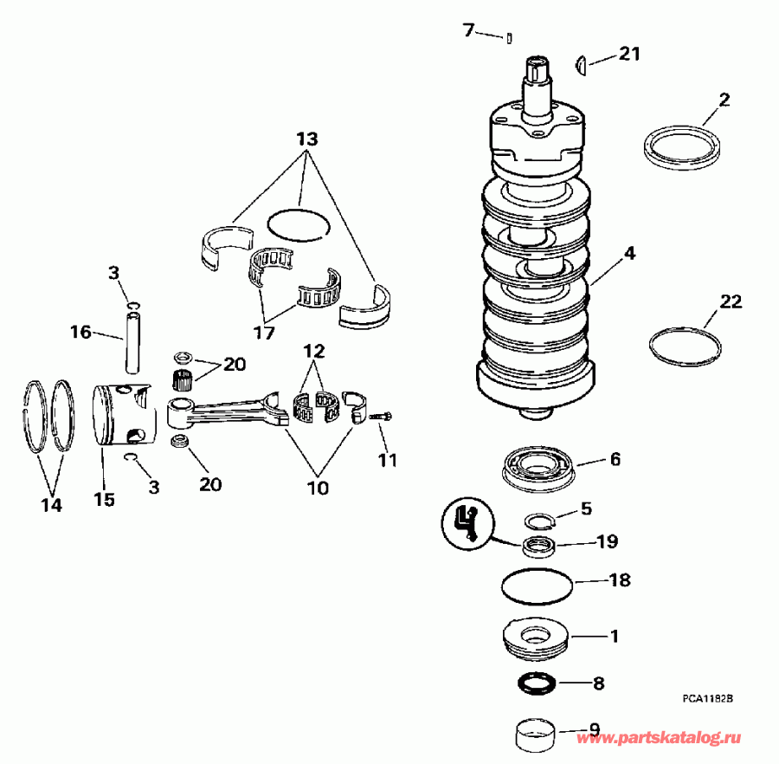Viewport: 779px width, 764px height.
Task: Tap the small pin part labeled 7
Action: (x=512, y=37)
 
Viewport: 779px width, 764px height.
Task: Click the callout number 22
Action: (x=731, y=301)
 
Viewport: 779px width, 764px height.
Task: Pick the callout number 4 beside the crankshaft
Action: (x=629, y=254)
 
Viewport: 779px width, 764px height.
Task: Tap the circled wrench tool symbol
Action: (x=467, y=522)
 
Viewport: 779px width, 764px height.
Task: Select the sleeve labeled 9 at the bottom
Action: (x=536, y=736)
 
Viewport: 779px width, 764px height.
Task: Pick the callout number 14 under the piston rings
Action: (x=52, y=505)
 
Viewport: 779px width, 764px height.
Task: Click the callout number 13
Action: (x=306, y=139)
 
